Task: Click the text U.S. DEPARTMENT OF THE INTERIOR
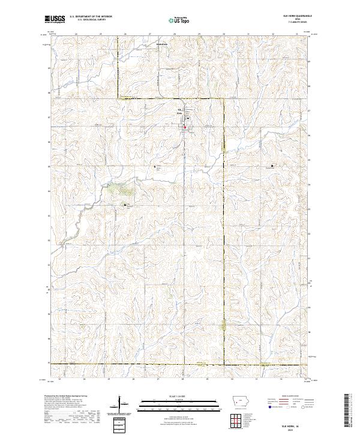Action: point(92,17)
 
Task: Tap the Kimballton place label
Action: point(161,43)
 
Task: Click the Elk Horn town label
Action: point(179,112)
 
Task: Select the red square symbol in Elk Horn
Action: point(185,127)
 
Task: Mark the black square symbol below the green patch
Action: point(125,205)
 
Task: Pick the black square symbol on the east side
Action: point(272,166)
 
